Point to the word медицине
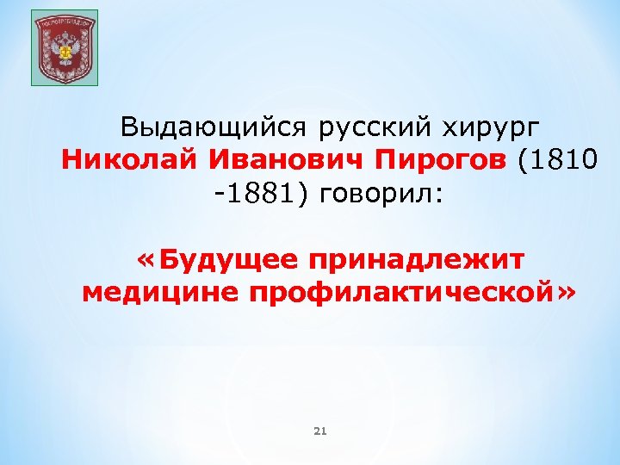click(x=160, y=292)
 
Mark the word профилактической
click(x=400, y=292)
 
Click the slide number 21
click(x=319, y=431)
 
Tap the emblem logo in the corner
click(x=65, y=48)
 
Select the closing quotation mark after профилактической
click(x=567, y=292)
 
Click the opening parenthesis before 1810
click(x=524, y=161)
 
